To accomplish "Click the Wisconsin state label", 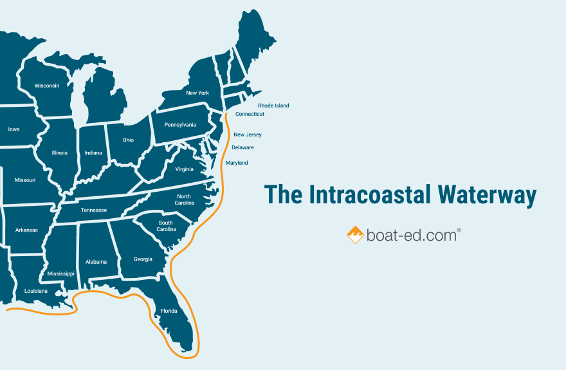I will tap(47, 86).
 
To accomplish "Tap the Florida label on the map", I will tap(169, 311).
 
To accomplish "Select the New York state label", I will tap(197, 93).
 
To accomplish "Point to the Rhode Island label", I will tap(273, 106).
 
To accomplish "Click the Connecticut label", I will tap(250, 114).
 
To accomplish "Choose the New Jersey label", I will tap(248, 134).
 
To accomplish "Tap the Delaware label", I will tap(242, 147).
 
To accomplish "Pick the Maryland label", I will tap(237, 163).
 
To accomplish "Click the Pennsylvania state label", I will tap(180, 125).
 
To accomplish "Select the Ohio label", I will tap(129, 140).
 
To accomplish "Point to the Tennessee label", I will tap(94, 210).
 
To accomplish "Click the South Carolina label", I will tap(167, 226).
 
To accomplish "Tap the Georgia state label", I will tap(143, 259).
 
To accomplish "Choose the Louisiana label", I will tap(36, 291).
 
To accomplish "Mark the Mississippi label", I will tap(61, 273).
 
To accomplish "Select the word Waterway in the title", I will tap(488, 195).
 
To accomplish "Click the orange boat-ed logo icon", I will tap(355, 235).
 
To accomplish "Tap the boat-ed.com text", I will tap(412, 236).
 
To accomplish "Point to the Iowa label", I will tap(14, 129).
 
